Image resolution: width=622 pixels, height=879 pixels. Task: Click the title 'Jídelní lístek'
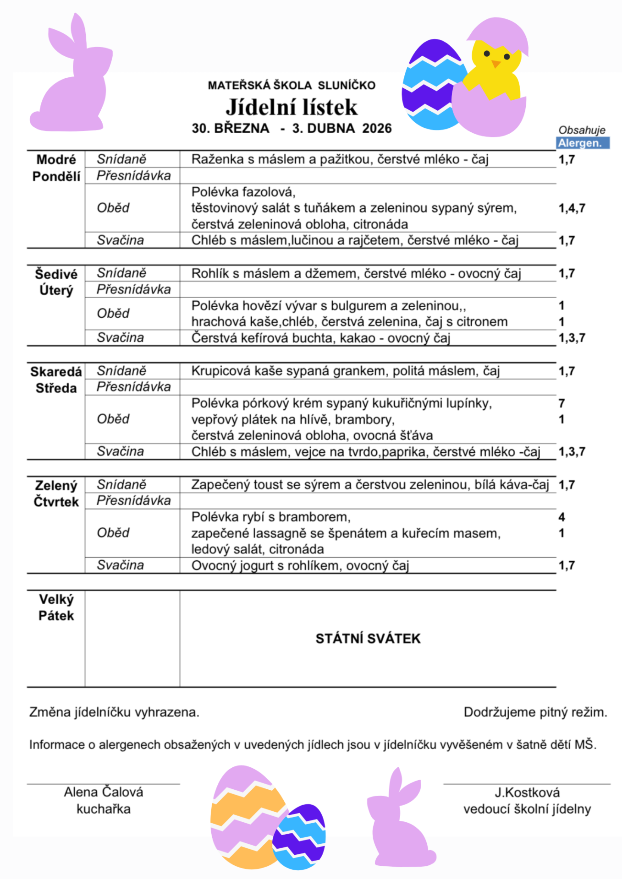tap(292, 107)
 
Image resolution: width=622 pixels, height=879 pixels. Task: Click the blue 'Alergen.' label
tap(583, 143)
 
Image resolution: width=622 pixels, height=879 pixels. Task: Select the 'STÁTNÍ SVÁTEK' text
tap(368, 639)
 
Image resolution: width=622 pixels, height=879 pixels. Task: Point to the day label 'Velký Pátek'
tap(56, 608)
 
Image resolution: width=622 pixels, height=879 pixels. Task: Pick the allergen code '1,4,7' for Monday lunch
tap(572, 208)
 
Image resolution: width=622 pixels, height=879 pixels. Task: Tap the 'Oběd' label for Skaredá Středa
tap(113, 419)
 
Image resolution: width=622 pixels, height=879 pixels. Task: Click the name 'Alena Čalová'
tap(104, 792)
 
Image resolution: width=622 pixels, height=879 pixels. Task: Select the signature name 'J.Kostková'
tap(527, 792)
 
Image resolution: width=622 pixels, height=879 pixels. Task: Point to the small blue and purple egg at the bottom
tap(300, 837)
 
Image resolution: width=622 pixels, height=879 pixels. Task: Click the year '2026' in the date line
tap(377, 128)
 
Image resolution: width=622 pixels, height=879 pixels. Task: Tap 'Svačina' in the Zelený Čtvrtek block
tap(121, 565)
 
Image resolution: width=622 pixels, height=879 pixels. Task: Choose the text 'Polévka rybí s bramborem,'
tap(271, 517)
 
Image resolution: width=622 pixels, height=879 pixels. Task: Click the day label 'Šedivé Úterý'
tap(56, 282)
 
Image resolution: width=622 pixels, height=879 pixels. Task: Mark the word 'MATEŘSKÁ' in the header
tap(238, 86)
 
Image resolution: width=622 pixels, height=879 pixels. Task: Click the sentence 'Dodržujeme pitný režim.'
tap(535, 712)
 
